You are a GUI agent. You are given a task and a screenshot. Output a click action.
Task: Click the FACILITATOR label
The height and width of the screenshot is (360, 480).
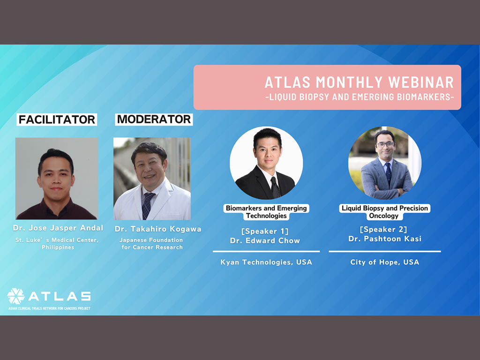coord(57,120)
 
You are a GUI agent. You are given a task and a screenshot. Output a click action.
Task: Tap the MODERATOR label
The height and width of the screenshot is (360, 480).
coord(154,119)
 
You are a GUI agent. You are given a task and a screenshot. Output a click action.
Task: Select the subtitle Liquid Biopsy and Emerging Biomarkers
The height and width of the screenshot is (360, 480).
coord(360,97)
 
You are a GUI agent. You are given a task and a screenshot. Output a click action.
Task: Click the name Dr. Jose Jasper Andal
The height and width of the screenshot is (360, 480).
coord(58,228)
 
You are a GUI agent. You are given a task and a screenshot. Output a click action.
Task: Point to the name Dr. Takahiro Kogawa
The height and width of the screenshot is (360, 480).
coord(158,229)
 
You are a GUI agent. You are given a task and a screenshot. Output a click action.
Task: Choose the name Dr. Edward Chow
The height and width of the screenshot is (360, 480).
coord(265,240)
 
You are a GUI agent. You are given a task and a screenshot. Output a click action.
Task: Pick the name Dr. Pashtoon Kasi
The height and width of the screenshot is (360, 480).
coord(385,239)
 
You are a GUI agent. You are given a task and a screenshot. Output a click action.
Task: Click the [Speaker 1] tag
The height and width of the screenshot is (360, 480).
coord(265,231)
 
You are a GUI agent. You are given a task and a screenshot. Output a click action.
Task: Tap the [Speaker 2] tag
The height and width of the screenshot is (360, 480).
coord(383,229)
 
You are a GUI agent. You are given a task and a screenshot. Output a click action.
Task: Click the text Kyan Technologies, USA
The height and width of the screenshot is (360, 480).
coord(266,262)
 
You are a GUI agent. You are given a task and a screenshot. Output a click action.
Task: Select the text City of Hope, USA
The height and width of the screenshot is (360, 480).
coord(385,262)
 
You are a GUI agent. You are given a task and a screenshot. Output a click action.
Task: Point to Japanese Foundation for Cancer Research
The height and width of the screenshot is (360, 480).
coord(151,244)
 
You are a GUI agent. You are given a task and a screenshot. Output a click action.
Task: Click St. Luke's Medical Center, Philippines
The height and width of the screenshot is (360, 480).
coord(57,244)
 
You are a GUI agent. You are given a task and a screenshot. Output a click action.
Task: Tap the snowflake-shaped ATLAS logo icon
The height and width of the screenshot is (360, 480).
coord(16,296)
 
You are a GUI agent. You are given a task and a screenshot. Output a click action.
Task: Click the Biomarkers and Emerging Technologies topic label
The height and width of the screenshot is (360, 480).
coord(266,212)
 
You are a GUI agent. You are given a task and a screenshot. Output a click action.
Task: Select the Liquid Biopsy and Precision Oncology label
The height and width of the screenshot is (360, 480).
coord(385,212)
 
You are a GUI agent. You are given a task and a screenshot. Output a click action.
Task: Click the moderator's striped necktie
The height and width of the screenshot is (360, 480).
coord(147,205)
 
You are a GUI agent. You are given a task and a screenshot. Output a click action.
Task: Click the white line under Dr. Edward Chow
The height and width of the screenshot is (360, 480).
coord(266,251)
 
